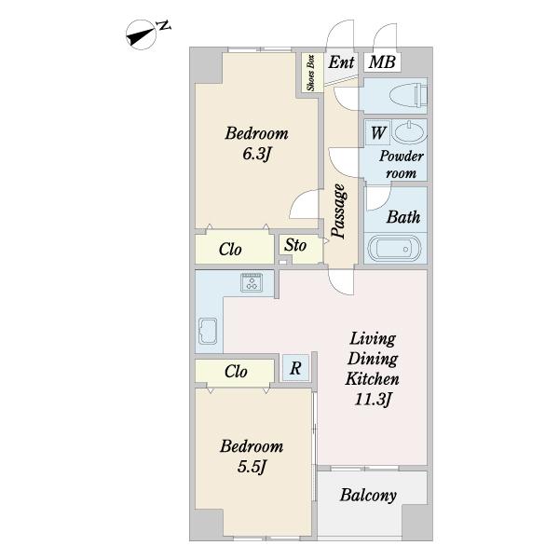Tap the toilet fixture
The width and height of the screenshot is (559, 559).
point(409,95)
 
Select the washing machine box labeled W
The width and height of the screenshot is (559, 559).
point(378,133)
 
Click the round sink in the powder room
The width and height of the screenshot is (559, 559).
point(410,132)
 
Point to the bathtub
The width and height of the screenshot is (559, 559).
point(395,249)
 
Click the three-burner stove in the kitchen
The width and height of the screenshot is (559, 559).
point(252,282)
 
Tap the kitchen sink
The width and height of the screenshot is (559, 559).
point(208,331)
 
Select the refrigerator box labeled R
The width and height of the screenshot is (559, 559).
point(295,368)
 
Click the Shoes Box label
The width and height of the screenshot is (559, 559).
point(311,73)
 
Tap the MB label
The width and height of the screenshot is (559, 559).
point(382,62)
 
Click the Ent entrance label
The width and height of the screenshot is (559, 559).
point(341,62)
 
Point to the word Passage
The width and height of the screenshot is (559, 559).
point(339,211)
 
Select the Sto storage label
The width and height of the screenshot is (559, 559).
point(295,245)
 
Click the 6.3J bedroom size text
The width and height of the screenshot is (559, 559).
point(257,155)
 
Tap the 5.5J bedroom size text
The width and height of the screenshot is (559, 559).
point(252,467)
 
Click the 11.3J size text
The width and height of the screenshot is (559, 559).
point(373,399)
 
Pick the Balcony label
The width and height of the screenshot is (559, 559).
point(368,496)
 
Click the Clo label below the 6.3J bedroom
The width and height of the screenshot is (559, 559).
point(230,249)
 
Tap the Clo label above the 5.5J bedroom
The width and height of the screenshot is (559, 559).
point(236,372)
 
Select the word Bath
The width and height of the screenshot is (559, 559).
point(403,217)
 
